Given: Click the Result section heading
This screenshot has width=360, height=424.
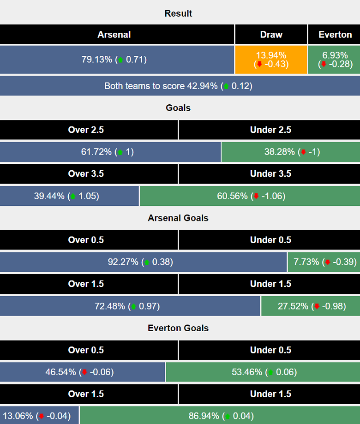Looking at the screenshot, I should (178, 13).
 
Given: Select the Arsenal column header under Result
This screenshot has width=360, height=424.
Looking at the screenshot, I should (114, 35).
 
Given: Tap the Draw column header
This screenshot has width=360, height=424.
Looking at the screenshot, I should (271, 35).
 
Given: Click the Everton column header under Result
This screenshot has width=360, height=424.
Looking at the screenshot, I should (335, 35).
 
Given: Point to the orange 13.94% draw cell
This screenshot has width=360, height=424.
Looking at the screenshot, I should (271, 60).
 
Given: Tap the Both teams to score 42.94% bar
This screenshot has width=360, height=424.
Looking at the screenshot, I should (178, 86).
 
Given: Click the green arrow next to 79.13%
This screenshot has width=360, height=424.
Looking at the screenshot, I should (120, 60).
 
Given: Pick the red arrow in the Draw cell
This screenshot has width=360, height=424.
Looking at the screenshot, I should (259, 65).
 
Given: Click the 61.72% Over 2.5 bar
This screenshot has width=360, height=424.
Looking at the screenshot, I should (110, 152).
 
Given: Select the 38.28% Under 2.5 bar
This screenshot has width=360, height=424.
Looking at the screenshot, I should (290, 152).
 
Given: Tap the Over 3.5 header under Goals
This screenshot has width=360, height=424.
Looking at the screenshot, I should (86, 174).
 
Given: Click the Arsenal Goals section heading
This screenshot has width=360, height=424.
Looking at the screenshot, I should (178, 218).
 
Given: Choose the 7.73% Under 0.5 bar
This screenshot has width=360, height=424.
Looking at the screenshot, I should (324, 262).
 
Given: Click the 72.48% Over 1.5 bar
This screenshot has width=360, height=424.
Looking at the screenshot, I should (130, 306).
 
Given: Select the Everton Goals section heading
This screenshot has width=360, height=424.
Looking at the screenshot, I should (178, 328).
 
